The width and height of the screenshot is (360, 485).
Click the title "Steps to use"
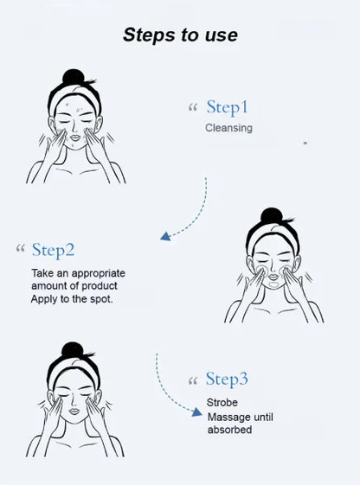pos(180,35)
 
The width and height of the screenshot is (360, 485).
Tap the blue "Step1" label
pos(227,108)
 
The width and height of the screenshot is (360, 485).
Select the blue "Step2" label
pos(53,251)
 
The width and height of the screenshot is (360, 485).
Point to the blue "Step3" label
pos(227,380)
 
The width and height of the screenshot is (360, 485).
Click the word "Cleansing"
pos(228,128)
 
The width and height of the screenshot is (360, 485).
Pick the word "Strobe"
pos(222,403)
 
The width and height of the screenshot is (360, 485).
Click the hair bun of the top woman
pos(74,78)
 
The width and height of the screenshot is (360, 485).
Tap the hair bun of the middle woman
pos(273,214)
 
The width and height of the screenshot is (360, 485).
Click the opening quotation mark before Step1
pos(193,109)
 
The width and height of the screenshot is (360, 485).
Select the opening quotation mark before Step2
pos(20,251)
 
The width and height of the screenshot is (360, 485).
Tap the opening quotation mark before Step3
pos(193,380)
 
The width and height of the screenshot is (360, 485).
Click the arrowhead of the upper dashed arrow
pos(164,237)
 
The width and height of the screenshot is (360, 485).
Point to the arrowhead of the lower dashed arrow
pos(197,414)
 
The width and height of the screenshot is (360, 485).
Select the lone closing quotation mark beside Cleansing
pos(305,143)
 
